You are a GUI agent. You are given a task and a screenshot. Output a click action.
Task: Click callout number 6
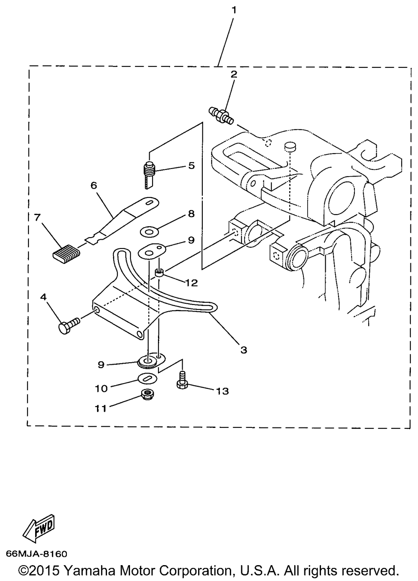pyautogui.click(x=93, y=185)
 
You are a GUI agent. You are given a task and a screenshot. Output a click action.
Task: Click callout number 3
pyautogui.click(x=244, y=349)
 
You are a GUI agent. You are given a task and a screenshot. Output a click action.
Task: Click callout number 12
pyautogui.click(x=191, y=283)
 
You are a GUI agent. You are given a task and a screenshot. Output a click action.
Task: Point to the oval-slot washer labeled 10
pyautogui.click(x=147, y=378)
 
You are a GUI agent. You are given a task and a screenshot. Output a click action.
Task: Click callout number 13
pyautogui.click(x=222, y=391)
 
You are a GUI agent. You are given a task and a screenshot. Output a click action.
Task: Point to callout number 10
pyautogui.click(x=101, y=388)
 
